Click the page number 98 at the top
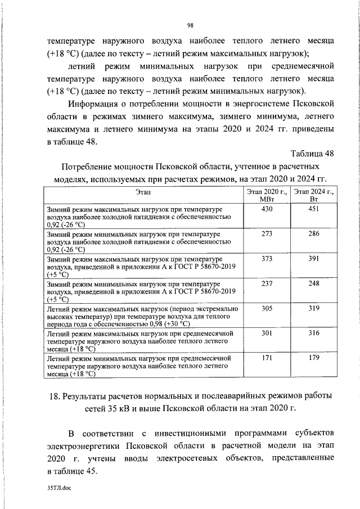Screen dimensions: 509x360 point(190,25)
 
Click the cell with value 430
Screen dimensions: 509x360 point(267,209)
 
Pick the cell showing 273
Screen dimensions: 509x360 point(267,233)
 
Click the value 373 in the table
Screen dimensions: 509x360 point(267,258)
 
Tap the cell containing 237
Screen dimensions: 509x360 point(267,283)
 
